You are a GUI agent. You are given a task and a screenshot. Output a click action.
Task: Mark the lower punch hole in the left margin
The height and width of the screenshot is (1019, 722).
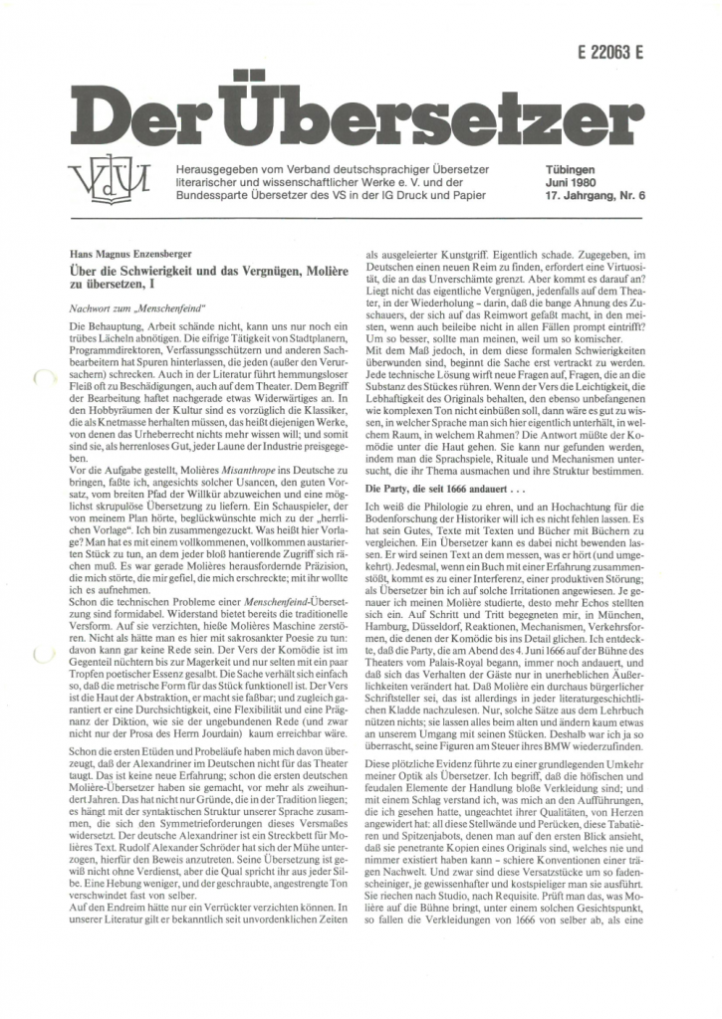(41, 654)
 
